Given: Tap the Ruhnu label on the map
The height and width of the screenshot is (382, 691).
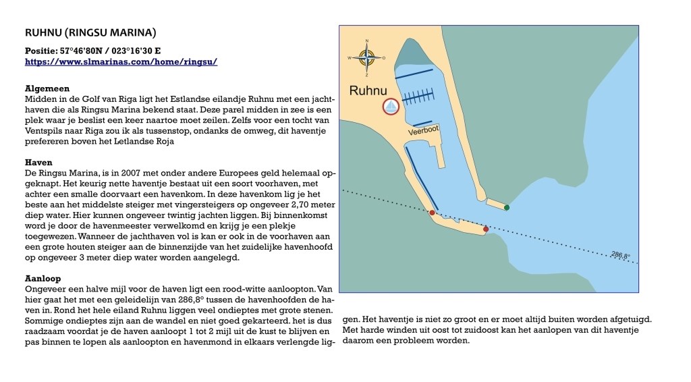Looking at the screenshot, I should pos(368,90).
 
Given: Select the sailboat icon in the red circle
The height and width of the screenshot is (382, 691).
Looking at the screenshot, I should pos(391,107).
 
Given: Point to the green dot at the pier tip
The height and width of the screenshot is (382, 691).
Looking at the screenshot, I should pos(507,207).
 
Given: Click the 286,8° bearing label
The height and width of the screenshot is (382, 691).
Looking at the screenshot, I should pos(620,256).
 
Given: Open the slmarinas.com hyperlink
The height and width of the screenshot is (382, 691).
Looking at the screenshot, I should pos(121,61).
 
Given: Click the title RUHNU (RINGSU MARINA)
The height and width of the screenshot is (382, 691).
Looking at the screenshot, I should pos(90,32).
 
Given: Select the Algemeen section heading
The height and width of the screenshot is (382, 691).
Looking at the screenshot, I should pos(47,88).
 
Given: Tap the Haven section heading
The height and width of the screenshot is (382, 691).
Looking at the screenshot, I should pos(38,163).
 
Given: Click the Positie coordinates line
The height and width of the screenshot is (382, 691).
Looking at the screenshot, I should pos(93,51).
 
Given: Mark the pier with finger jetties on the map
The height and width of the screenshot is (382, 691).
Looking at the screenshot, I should pos(419,96).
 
